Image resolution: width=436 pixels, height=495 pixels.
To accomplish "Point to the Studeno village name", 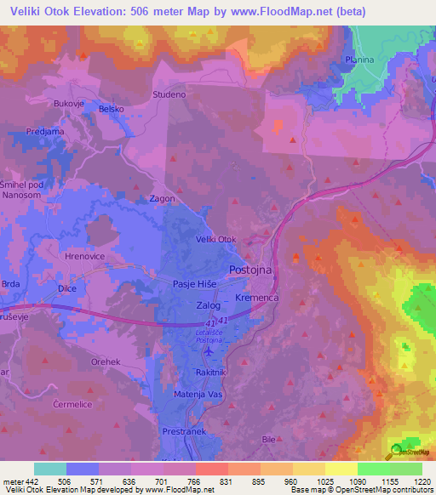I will [x=169, y=94].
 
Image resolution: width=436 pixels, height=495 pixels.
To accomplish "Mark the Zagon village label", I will [x=163, y=199].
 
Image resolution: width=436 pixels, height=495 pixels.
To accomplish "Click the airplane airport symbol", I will [x=209, y=350].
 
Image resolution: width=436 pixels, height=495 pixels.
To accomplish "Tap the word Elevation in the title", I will [x=103, y=11].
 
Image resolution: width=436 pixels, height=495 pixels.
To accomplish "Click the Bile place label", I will [x=269, y=439].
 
